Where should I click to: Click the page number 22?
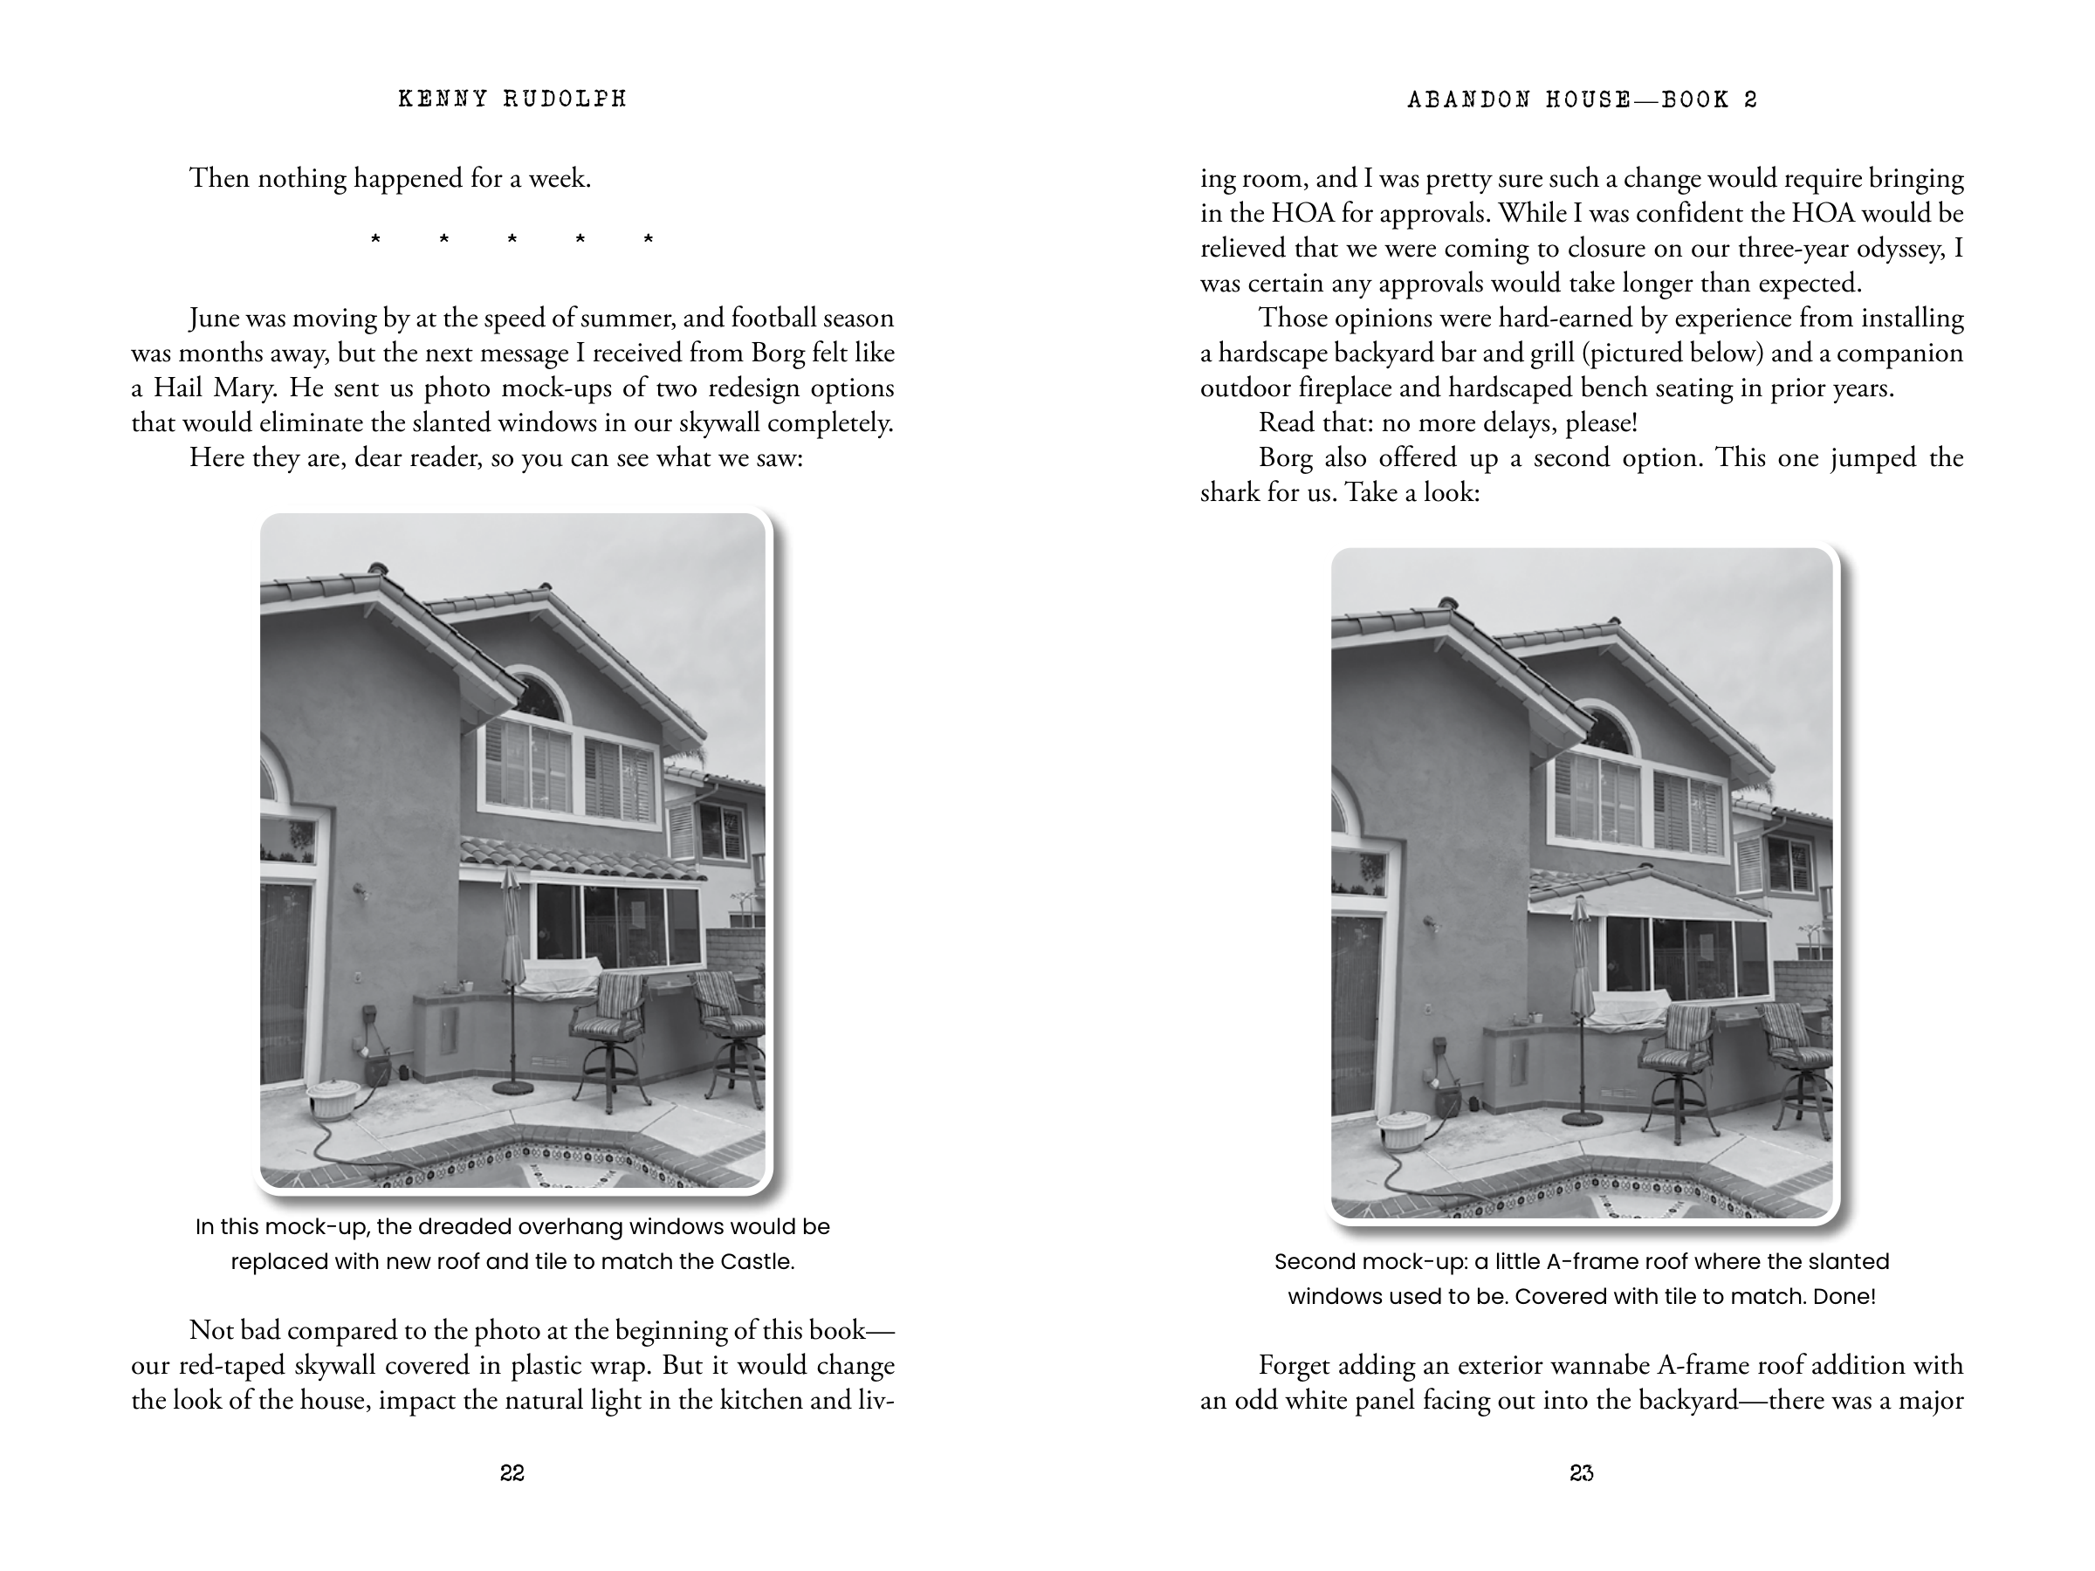pyautogui.click(x=512, y=1472)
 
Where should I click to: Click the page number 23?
pyautogui.click(x=1581, y=1472)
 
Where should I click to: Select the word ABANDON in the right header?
pyautogui.click(x=1469, y=99)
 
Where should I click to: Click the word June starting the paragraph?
pyautogui.click(x=214, y=319)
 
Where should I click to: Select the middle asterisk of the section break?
pyautogui.click(x=512, y=241)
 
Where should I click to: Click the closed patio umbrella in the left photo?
pyautogui.click(x=512, y=928)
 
